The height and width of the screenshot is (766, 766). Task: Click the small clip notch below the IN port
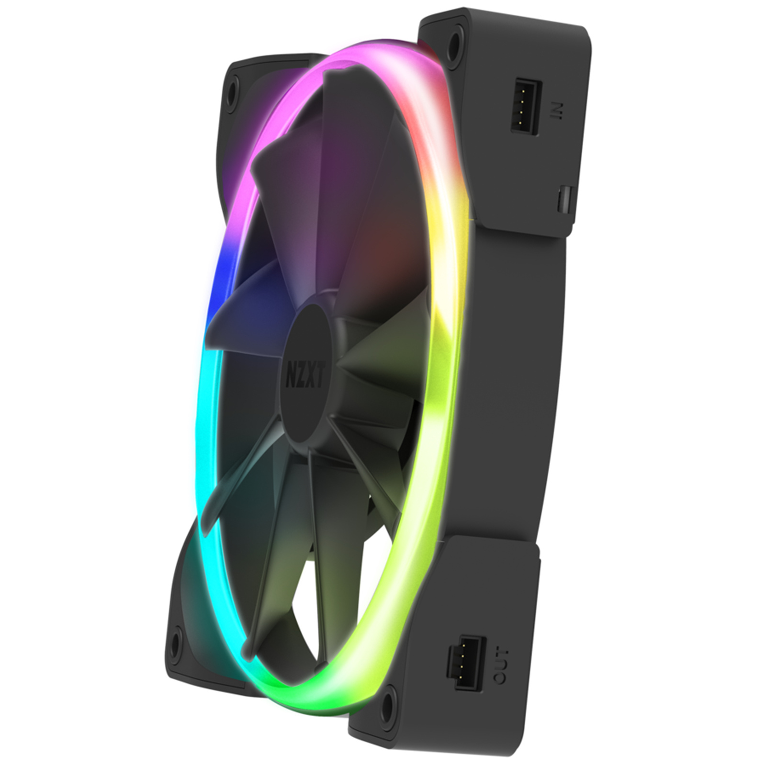point(565,197)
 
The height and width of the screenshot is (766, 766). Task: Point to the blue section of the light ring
point(221,282)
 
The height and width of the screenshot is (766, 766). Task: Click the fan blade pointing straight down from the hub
point(330,517)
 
